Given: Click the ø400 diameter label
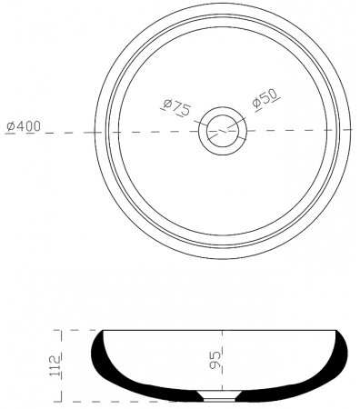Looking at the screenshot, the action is pyautogui.click(x=24, y=126).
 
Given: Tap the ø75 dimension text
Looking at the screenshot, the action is pyautogui.click(x=176, y=107).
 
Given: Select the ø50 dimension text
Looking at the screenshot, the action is pyautogui.click(x=265, y=99).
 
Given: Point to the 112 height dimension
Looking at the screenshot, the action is pyautogui.click(x=55, y=365).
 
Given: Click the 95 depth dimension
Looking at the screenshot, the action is pyautogui.click(x=215, y=360).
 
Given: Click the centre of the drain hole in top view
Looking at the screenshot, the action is pyautogui.click(x=223, y=131).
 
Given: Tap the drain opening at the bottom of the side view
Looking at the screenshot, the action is pyautogui.click(x=219, y=396).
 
